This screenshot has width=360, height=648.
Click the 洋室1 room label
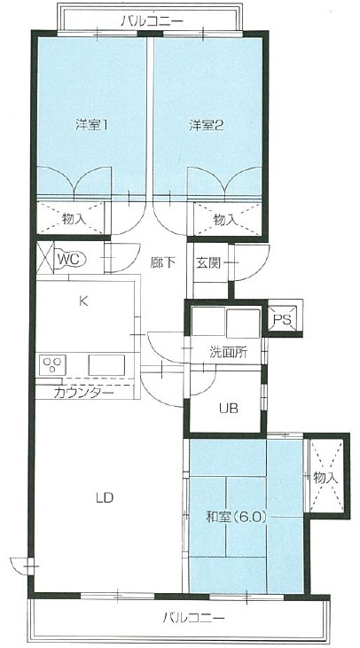point(91,125)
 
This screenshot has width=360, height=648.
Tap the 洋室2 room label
point(205,125)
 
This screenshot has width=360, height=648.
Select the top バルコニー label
point(147,19)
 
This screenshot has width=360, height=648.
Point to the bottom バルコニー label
point(193,618)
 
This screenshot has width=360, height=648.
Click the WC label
point(68,259)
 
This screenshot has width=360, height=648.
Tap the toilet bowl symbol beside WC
point(45,259)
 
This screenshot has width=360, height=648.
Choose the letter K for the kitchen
point(83,301)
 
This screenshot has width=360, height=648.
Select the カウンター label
point(83,391)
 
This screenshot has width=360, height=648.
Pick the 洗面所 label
point(228,352)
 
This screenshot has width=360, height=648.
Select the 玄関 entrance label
point(208,262)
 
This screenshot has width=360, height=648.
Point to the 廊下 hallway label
point(161,262)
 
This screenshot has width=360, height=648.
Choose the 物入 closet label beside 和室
point(325,478)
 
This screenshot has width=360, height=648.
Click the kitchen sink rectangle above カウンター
point(106,364)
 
